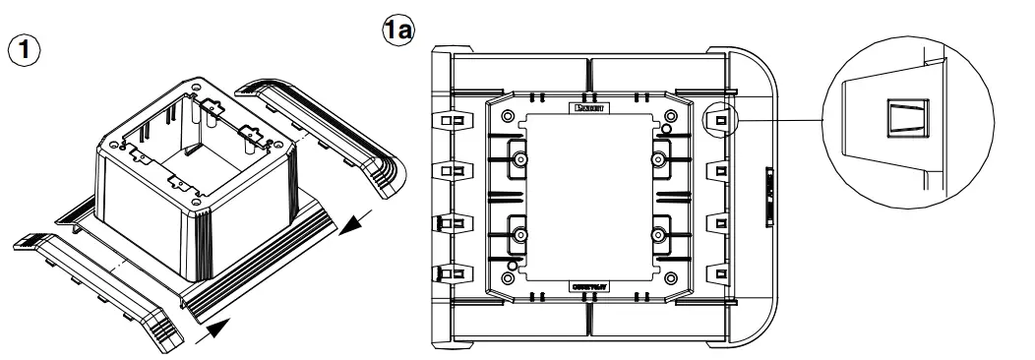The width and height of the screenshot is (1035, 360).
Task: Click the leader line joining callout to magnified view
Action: [777, 120]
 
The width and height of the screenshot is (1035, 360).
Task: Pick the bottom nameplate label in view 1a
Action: [587, 285]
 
